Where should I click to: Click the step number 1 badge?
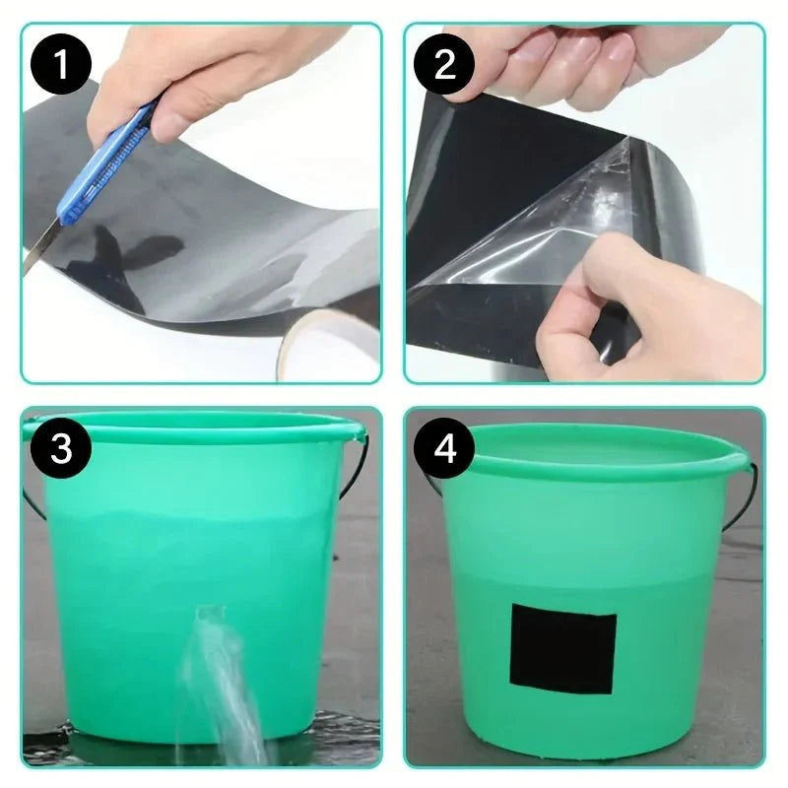(62, 66)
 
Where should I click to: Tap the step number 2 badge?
(445, 66)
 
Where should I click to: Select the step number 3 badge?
(62, 448)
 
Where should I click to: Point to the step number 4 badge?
(445, 448)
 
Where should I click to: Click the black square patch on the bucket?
(562, 650)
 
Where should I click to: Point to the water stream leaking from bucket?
(222, 680)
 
